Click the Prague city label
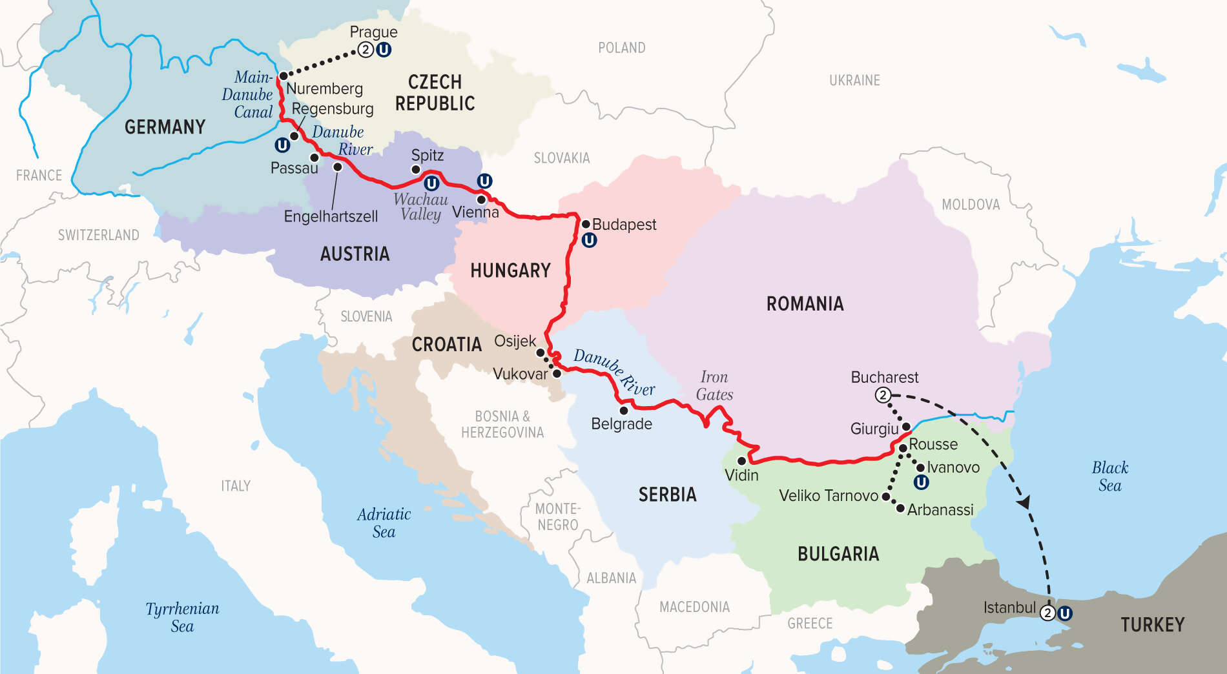pyautogui.click(x=373, y=32)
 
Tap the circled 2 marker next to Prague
pyautogui.click(x=366, y=50)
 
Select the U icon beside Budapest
pyautogui.click(x=589, y=241)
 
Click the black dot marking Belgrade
pyautogui.click(x=624, y=410)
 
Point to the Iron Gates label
pyautogui.click(x=714, y=386)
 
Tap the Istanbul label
pyautogui.click(x=1009, y=608)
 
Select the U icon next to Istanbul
pyautogui.click(x=1064, y=613)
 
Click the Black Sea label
pyautogui.click(x=1109, y=476)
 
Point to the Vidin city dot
pyautogui.click(x=742, y=461)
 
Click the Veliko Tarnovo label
pyautogui.click(x=829, y=496)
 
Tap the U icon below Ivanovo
pyautogui.click(x=921, y=482)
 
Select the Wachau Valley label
pyautogui.click(x=420, y=207)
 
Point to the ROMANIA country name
pyautogui.click(x=805, y=304)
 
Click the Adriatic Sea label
pyautogui.click(x=384, y=523)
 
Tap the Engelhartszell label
pyautogui.click(x=331, y=216)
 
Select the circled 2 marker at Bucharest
pyautogui.click(x=883, y=395)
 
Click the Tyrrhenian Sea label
pyautogui.click(x=182, y=617)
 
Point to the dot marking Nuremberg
pyautogui.click(x=283, y=76)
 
